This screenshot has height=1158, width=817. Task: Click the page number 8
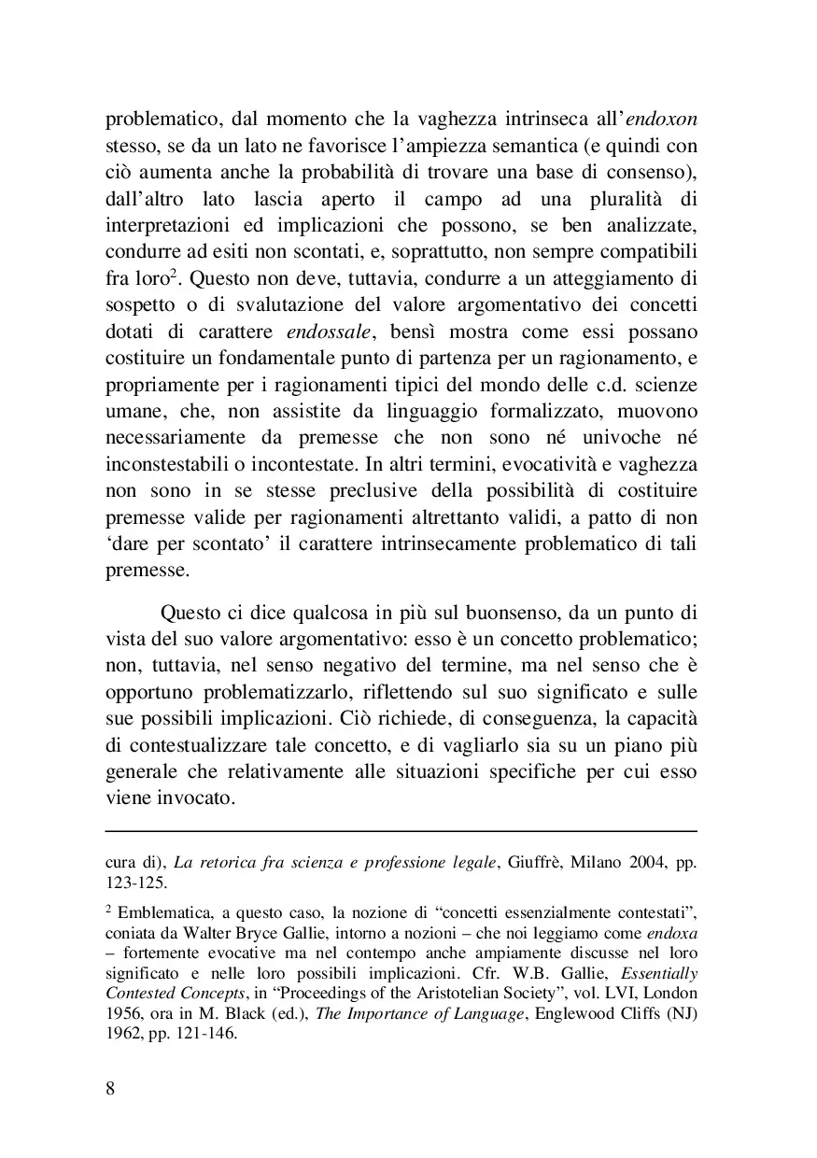[110, 1089]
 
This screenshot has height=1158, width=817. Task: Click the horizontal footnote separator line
[401, 830]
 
